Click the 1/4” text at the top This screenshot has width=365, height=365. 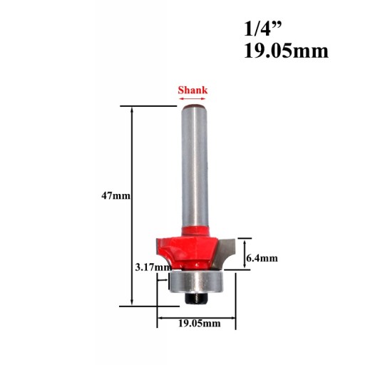point(263,29)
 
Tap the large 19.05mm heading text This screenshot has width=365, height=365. point(286,51)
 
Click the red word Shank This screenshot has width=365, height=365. point(192,91)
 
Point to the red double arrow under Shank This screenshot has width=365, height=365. point(192,98)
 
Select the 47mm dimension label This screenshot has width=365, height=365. point(115,196)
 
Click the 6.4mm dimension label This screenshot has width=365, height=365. point(262,258)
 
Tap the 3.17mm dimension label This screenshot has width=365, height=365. point(153,267)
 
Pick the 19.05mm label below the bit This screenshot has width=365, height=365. point(200,323)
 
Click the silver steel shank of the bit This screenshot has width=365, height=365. point(195,166)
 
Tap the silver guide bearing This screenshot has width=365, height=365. point(195,282)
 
